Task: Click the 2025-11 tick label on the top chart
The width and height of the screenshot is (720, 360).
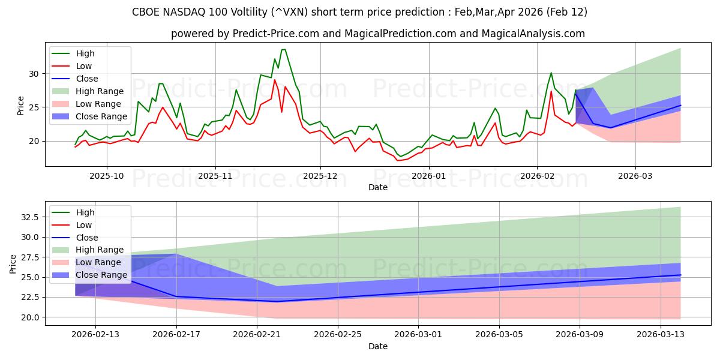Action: click(215, 177)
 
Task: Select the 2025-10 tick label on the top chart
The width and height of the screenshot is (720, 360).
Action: click(107, 177)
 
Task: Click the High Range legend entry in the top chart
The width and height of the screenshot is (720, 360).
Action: click(100, 91)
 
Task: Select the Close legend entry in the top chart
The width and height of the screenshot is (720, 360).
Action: click(87, 79)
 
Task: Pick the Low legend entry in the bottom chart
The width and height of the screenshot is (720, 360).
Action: click(85, 225)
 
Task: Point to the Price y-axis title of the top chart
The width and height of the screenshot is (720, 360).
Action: click(21, 106)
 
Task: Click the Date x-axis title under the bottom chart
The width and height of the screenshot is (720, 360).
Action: click(378, 346)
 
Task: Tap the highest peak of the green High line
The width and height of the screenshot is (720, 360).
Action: click(284, 49)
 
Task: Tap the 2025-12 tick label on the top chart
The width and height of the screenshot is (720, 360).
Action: click(320, 177)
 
